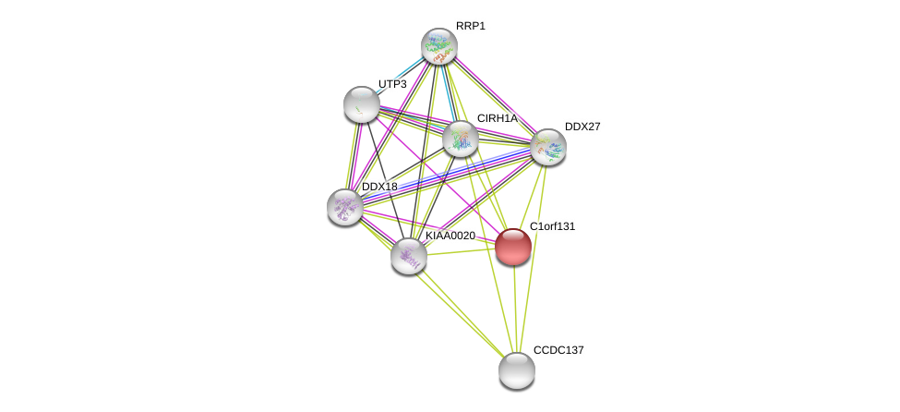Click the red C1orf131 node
click(x=513, y=247)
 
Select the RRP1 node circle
click(x=439, y=46)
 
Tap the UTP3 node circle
click(x=362, y=104)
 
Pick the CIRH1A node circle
click(x=461, y=139)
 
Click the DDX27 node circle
click(x=548, y=147)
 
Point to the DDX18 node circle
click(x=345, y=207)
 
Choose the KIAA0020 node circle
click(x=409, y=256)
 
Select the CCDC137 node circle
click(x=517, y=370)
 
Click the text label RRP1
click(x=470, y=26)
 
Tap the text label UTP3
click(x=392, y=84)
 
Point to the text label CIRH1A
click(x=497, y=118)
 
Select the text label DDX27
click(x=582, y=127)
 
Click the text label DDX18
click(x=379, y=187)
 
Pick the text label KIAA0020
click(x=450, y=236)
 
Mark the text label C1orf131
click(x=552, y=226)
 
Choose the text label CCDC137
click(x=558, y=350)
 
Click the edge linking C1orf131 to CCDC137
click(x=515, y=309)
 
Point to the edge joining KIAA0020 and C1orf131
click(x=462, y=249)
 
